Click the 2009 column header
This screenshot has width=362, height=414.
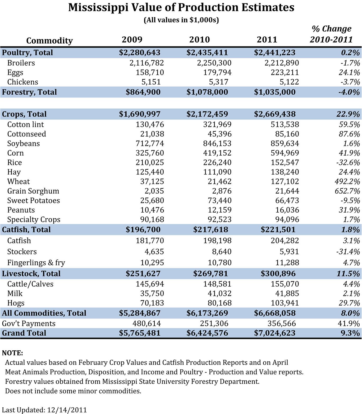pyautogui.click(x=132, y=40)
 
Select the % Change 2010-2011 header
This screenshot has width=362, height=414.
pyautogui.click(x=332, y=34)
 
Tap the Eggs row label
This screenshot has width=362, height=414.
pyautogui.click(x=15, y=73)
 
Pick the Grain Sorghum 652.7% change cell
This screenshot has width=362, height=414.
pyautogui.click(x=347, y=191)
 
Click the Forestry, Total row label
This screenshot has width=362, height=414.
pyautogui.click(x=29, y=92)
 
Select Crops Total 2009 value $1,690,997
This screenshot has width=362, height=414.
pyautogui.click(x=140, y=114)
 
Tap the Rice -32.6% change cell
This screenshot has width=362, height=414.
pyautogui.click(x=348, y=162)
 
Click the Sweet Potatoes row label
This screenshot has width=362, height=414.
pyautogui.click(x=34, y=200)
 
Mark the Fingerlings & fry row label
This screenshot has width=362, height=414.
pyautogui.click(x=36, y=263)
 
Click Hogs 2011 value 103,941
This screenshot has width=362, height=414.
pyautogui.click(x=285, y=303)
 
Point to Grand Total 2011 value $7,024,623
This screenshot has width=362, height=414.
pyautogui.click(x=275, y=333)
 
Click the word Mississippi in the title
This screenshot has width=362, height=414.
pyautogui.click(x=98, y=7)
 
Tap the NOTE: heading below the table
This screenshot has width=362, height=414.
pyautogui.click(x=12, y=353)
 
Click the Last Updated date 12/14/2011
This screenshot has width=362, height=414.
pyautogui.click(x=67, y=410)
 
